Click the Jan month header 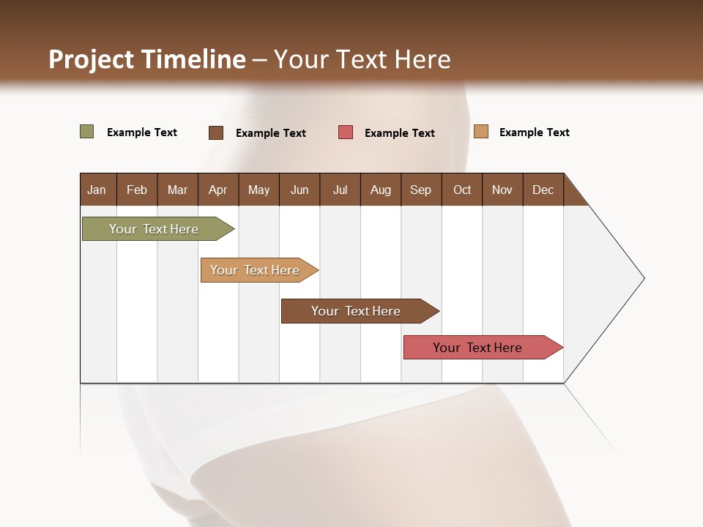97,190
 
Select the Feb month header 137,190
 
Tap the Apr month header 217,190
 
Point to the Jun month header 300,190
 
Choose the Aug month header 380,190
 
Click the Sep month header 420,190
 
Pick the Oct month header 462,190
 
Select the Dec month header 543,190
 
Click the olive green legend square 86,132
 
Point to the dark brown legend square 215,132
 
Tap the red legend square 346,132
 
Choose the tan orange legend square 480,132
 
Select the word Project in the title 90,59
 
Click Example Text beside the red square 399,133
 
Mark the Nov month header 502,190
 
